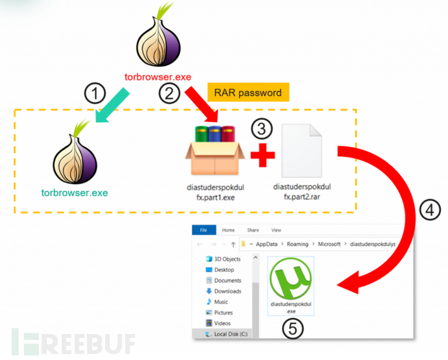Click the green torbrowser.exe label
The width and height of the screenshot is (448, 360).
pos(75,192)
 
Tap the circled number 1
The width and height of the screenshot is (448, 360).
pos(95,93)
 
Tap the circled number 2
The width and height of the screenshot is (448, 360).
pos(170,93)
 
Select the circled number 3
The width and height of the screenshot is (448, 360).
pos(262,128)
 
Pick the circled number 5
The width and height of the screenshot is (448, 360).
pos(293,330)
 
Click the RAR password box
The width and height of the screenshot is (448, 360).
pos(248,92)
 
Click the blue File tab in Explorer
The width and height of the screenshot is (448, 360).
pos(203,230)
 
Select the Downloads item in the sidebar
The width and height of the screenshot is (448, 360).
pos(227,291)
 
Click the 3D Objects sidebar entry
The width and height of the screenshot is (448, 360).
pos(227,259)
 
